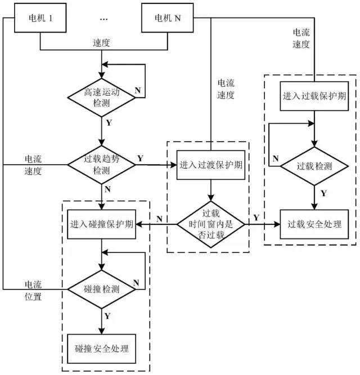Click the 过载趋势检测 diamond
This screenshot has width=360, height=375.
101,165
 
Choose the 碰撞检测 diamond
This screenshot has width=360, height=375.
101,290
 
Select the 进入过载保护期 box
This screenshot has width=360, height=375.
314,95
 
